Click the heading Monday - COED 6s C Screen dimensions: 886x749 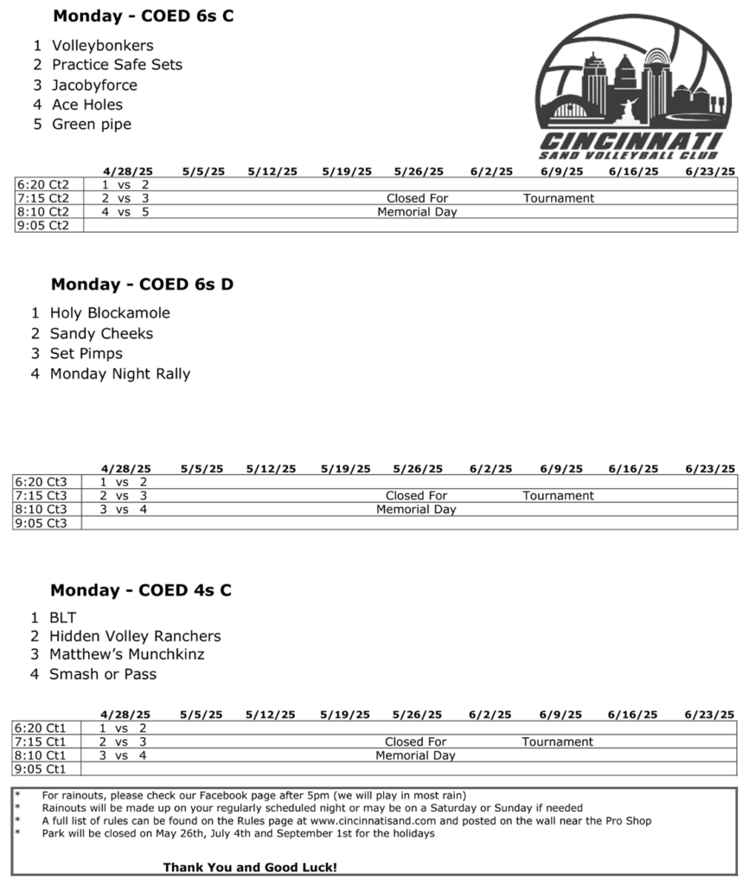click(x=144, y=16)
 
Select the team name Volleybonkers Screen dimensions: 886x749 click(x=102, y=45)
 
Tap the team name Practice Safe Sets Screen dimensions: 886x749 click(x=117, y=65)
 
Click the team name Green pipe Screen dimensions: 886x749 click(x=92, y=125)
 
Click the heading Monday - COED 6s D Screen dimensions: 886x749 click(x=142, y=285)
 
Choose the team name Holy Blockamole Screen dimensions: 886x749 click(x=110, y=313)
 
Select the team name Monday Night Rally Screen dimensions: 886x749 click(x=120, y=375)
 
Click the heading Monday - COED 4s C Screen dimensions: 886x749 click(x=141, y=591)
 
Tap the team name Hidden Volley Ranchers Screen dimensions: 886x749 click(x=135, y=636)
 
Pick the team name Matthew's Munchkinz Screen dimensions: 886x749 click(x=127, y=655)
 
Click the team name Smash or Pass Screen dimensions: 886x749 click(x=103, y=674)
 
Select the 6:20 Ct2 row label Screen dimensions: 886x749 click(x=42, y=184)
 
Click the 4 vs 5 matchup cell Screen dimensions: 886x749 click(x=125, y=212)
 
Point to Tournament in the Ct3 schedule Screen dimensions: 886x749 click(x=558, y=496)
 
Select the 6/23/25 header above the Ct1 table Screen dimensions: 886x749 click(x=709, y=715)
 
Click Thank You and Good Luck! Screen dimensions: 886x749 click(x=250, y=867)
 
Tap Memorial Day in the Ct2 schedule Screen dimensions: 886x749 click(x=417, y=212)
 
